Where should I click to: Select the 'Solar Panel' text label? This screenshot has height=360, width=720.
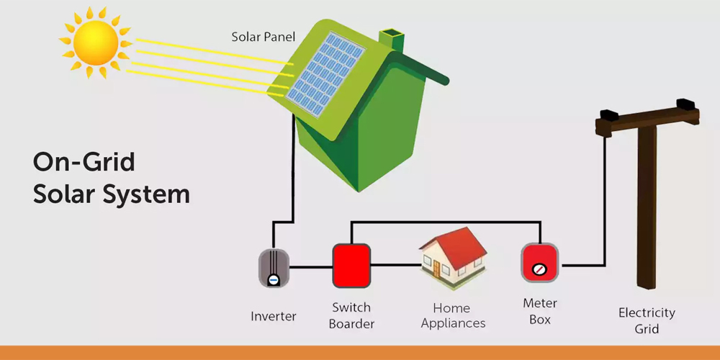tap(263, 36)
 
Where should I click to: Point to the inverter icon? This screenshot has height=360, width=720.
tap(274, 268)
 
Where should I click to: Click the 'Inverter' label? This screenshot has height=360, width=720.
tap(274, 316)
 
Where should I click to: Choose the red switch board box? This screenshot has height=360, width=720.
tap(351, 265)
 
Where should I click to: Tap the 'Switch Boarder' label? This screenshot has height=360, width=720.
tap(351, 315)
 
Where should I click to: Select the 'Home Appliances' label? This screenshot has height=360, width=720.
tap(454, 315)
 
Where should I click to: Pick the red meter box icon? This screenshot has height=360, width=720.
tap(540, 263)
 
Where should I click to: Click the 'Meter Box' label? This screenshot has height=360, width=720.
tap(540, 311)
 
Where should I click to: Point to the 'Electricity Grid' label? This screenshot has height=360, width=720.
tap(647, 321)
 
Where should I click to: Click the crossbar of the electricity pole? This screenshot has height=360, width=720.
tap(648, 122)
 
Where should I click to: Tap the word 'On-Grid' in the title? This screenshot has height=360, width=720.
tap(84, 162)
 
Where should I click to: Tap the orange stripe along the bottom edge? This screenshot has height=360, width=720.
tap(360, 353)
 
